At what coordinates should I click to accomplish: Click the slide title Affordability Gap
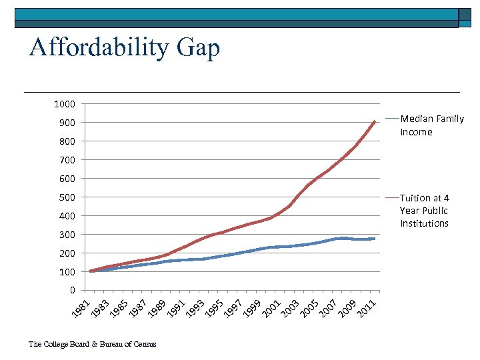point(124,47)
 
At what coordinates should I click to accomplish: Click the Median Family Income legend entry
point(431,125)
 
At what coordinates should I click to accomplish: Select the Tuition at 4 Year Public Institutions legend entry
point(425,211)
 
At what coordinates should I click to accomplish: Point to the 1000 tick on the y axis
point(65,104)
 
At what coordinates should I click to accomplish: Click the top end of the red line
point(375,122)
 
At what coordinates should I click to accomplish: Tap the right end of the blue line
point(374,239)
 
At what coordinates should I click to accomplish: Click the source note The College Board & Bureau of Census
point(93,344)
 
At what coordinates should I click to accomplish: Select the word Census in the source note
point(145,344)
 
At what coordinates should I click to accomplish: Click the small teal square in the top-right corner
point(464,18)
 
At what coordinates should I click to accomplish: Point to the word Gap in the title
point(199,47)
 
